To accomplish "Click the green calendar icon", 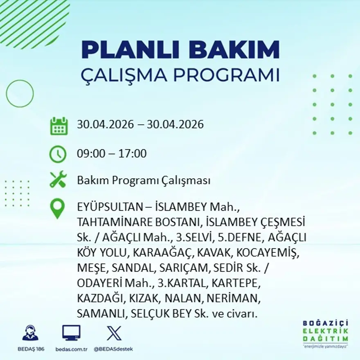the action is click(59, 126).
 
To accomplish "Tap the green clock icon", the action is click(58, 154).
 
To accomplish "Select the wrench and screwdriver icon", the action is click(58, 179).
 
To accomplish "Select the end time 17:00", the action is click(132, 153).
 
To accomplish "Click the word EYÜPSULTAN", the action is click(110, 207).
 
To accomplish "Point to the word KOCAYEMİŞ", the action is click(268, 253).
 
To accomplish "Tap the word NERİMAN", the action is click(234, 299).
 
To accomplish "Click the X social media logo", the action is click(114, 333).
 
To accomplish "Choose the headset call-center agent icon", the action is click(31, 333).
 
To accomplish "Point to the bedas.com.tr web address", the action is click(72, 349).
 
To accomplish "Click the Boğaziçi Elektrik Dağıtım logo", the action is click(325, 333).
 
